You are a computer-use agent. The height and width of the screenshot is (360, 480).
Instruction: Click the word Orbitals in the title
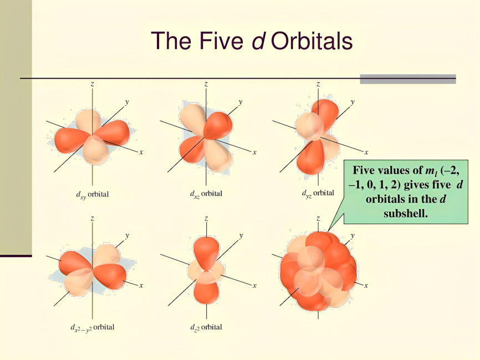coord(313,40)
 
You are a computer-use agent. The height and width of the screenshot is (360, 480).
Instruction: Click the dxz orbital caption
coord(206,194)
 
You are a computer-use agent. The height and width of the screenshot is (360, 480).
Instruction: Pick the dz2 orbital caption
coord(206,327)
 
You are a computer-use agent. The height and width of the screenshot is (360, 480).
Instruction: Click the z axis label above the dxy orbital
coord(92,84)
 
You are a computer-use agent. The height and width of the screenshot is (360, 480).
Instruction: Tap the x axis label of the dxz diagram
coord(254,151)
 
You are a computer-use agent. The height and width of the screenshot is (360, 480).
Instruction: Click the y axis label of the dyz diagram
coord(353,102)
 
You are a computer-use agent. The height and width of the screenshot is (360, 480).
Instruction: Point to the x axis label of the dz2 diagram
coord(254,285)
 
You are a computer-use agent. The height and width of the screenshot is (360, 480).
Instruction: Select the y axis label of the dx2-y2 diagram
coord(127,236)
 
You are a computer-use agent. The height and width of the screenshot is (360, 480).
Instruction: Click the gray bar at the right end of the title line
coord(407,79)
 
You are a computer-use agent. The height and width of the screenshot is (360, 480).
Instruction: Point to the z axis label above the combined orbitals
coord(318,219)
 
